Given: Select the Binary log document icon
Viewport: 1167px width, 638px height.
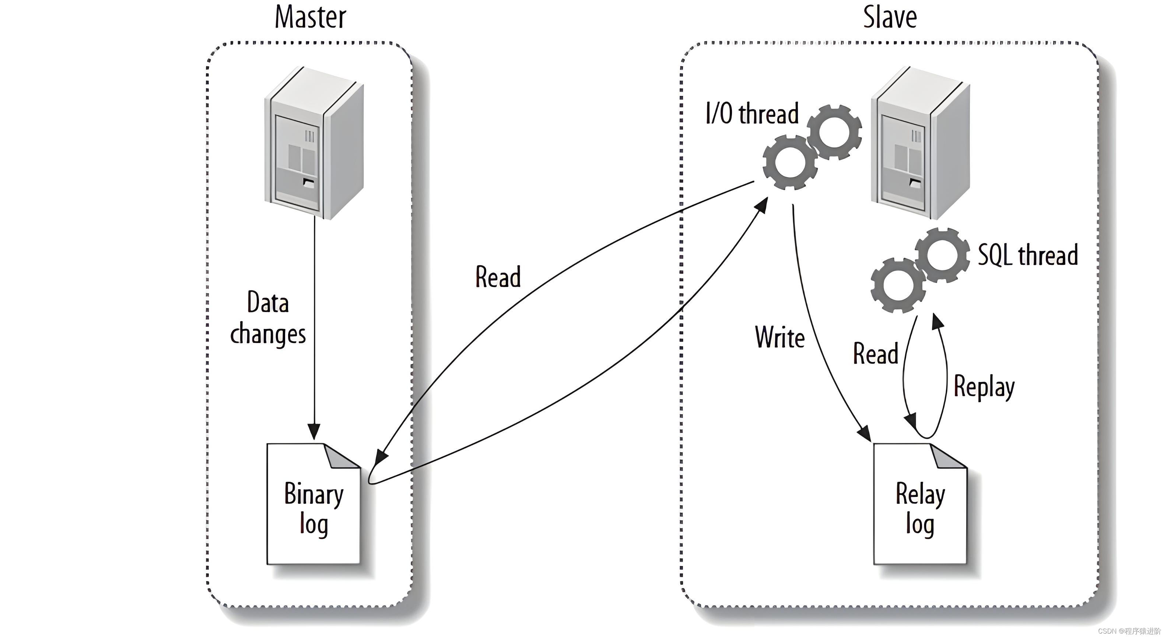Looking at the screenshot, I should [313, 504].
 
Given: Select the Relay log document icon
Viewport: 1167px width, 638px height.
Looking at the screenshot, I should [920, 504].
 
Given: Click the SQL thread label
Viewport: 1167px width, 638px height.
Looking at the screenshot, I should [1027, 255].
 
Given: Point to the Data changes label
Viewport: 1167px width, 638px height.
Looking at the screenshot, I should [268, 318].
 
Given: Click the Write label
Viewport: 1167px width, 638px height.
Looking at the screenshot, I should [780, 337].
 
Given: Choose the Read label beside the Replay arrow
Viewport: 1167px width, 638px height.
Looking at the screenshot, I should [875, 354].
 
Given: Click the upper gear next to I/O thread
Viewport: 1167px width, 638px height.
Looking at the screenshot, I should [834, 132].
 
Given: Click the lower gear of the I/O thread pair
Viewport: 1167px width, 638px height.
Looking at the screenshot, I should [790, 162].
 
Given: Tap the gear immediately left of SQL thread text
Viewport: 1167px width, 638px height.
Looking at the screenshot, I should [942, 255].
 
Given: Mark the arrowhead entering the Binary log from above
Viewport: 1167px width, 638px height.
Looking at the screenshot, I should [314, 432].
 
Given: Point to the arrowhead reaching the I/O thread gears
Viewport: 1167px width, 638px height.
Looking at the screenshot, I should [763, 204].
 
